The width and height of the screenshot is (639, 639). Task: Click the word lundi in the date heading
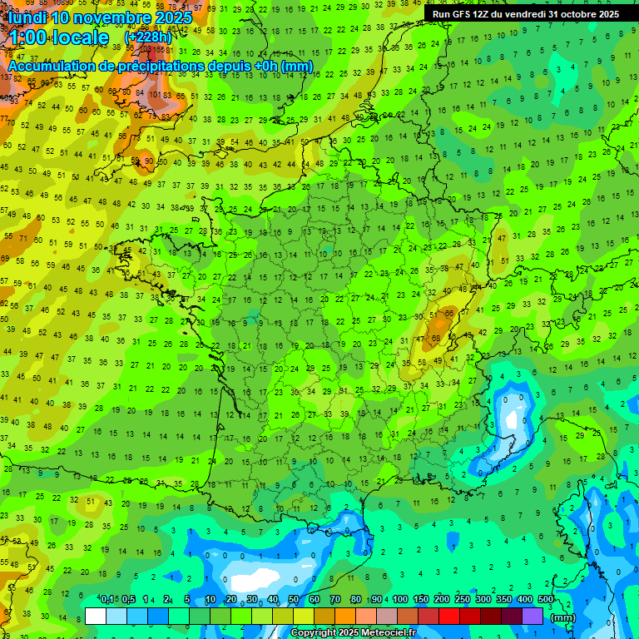click(27, 17)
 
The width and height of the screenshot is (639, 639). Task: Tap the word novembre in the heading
click(106, 17)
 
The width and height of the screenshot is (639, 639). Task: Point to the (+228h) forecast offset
click(150, 38)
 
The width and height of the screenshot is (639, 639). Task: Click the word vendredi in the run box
click(526, 14)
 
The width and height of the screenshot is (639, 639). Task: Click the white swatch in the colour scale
click(96, 616)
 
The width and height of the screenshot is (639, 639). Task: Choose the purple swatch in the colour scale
click(532, 616)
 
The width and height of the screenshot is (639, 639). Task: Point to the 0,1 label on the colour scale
click(107, 599)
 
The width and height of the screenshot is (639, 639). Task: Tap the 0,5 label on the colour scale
click(128, 599)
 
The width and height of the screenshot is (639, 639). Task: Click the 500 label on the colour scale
click(546, 599)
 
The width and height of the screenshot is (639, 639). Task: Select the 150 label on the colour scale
click(421, 599)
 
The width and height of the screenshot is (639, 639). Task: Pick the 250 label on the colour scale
click(463, 599)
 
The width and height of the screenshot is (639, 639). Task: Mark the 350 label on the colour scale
click(504, 599)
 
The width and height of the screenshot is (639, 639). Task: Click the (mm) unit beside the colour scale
click(563, 617)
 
